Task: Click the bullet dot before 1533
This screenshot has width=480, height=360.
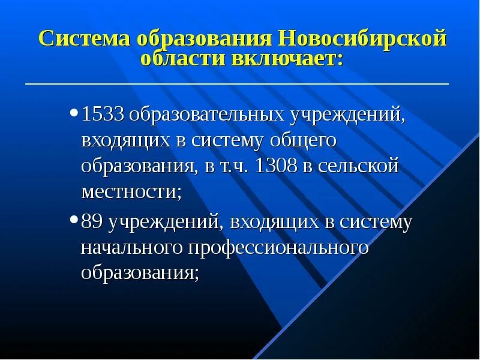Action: click(x=74, y=112)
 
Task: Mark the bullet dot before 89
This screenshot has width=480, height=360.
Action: click(x=74, y=220)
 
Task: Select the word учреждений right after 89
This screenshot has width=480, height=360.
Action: click(x=166, y=222)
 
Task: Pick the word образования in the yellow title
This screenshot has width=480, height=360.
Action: click(x=205, y=40)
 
